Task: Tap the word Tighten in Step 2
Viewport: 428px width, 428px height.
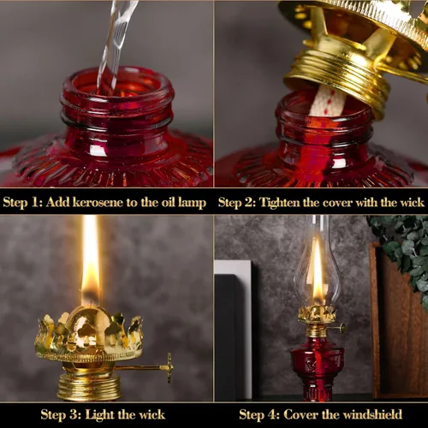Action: click(x=280, y=203)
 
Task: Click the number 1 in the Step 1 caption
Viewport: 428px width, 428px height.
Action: click(x=35, y=202)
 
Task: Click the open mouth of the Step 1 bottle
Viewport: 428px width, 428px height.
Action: click(x=117, y=83)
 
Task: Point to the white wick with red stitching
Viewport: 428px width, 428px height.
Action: click(x=328, y=101)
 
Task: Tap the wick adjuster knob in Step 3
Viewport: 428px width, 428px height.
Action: click(x=169, y=367)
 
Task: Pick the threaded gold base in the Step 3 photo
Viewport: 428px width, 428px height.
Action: click(x=89, y=387)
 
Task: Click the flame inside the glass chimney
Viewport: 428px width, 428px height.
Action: click(x=318, y=271)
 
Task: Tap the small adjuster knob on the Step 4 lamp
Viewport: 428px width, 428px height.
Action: click(x=342, y=329)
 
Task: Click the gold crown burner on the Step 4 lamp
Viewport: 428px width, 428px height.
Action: click(x=318, y=314)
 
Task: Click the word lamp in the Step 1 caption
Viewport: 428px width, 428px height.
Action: click(x=192, y=203)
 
